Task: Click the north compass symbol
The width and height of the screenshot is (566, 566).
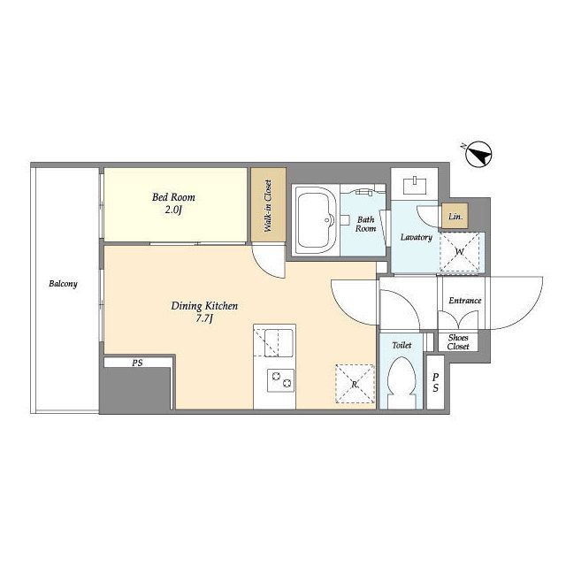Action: [478, 155]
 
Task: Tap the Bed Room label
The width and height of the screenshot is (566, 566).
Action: [173, 197]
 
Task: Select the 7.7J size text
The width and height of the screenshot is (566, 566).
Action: [204, 319]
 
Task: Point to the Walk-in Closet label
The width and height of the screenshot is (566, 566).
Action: [268, 206]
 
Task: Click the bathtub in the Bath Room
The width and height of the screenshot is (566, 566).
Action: [316, 220]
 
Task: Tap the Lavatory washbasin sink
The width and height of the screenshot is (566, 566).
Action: [415, 185]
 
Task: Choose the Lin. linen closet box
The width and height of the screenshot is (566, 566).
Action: [455, 216]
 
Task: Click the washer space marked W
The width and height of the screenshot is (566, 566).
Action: [460, 251]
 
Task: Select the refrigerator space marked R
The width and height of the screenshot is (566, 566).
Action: [355, 384]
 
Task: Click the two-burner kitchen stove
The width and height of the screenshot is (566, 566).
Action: [280, 380]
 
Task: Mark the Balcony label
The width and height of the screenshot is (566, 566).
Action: [63, 284]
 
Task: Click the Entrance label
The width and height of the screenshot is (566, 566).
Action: [465, 301]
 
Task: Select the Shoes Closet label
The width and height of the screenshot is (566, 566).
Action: [458, 342]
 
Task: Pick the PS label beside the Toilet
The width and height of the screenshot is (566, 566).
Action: [436, 382]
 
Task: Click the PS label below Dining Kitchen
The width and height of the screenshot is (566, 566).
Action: [137, 363]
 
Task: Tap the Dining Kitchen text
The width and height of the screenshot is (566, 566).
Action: [204, 306]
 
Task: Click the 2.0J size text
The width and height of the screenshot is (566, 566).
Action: [173, 210]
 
